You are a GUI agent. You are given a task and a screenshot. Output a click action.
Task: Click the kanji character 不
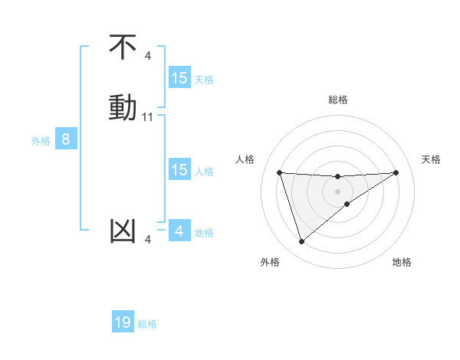(x=123, y=48)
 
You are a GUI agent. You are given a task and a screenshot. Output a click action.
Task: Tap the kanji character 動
(x=123, y=106)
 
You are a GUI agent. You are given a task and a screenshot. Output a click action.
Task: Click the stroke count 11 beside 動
(x=148, y=117)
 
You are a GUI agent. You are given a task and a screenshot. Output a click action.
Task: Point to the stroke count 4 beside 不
(x=148, y=55)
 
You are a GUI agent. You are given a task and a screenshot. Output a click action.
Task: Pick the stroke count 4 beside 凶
(x=148, y=241)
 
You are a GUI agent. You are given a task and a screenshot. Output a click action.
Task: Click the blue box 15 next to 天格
(x=179, y=78)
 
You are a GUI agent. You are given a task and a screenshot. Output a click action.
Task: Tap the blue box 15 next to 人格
(x=179, y=170)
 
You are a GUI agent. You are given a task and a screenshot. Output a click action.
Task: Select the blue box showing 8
(x=66, y=139)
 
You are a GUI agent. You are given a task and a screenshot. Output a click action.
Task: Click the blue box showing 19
(x=123, y=322)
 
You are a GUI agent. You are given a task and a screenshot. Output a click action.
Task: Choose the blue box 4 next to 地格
(x=179, y=231)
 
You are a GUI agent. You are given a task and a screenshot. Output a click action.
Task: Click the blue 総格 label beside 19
(x=147, y=324)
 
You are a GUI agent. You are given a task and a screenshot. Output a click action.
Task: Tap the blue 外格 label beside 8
(x=41, y=141)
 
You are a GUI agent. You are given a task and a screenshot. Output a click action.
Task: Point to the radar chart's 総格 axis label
(x=338, y=100)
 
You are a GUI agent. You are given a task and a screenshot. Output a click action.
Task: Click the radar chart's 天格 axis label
(x=432, y=159)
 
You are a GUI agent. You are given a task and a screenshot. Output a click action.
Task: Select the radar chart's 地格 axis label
(x=402, y=262)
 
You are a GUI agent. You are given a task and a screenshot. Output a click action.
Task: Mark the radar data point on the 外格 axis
(x=301, y=242)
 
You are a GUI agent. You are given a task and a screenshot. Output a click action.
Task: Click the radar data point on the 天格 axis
(x=396, y=172)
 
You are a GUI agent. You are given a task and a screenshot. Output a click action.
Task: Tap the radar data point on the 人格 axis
(x=280, y=172)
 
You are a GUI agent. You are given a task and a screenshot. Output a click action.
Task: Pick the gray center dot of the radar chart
(x=338, y=191)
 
